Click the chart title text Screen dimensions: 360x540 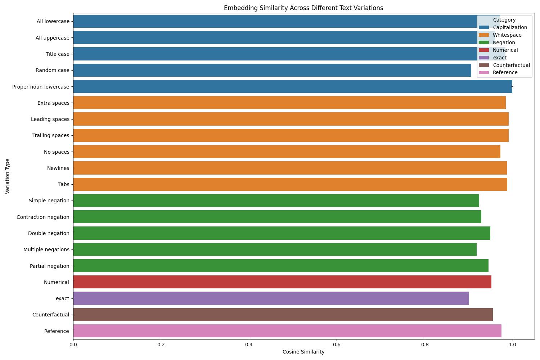click(303, 8)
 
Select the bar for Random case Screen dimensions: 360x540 click(272, 70)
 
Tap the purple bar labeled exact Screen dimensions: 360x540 click(271, 298)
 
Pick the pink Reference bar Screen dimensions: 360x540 click(287, 331)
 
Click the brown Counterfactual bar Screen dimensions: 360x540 click(283, 315)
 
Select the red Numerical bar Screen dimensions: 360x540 click(282, 282)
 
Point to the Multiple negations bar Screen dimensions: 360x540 click(275, 249)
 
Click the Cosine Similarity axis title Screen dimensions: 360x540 click(303, 352)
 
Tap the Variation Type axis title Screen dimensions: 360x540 click(8, 176)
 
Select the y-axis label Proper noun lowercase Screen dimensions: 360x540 click(41, 87)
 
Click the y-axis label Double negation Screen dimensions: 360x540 click(49, 233)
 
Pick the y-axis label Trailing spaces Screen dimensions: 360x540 click(50, 135)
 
